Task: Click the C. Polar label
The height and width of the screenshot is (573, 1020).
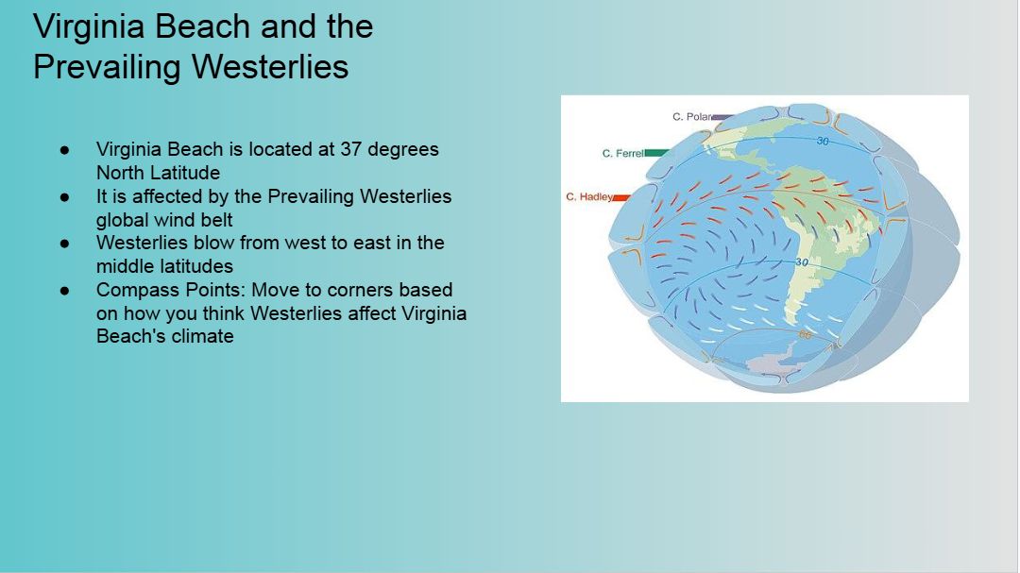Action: click(x=692, y=116)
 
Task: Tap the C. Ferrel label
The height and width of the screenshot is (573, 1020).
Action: click(x=623, y=154)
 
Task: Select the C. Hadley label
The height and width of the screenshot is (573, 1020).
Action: click(x=589, y=196)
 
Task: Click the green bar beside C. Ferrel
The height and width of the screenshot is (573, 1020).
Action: click(x=656, y=153)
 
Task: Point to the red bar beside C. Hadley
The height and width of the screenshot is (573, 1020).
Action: click(x=621, y=197)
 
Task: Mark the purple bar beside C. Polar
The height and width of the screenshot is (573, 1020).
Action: click(x=723, y=117)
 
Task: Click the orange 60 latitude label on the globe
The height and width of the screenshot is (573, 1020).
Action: click(x=805, y=335)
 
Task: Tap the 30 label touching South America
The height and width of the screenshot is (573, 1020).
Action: click(x=802, y=262)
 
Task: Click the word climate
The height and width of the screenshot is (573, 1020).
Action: click(x=198, y=336)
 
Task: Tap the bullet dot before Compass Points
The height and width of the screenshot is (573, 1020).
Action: click(x=64, y=290)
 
